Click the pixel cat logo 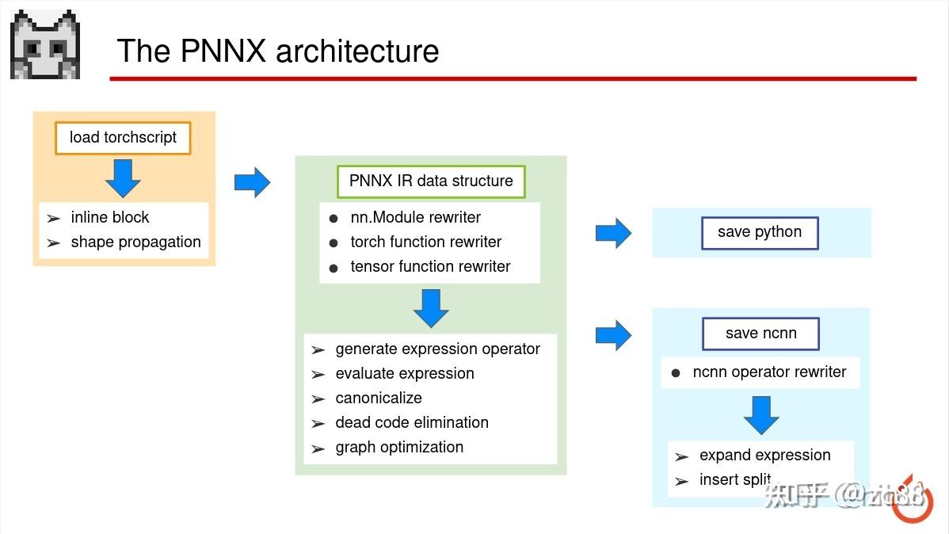point(45,44)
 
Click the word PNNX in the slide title point(223,50)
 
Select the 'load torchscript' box point(123,138)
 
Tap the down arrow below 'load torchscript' point(123,178)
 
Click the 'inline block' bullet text point(109,217)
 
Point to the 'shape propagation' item point(135,242)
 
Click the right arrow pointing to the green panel point(253,182)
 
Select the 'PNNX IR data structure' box point(431,181)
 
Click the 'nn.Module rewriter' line point(415,217)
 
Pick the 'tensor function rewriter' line point(430,266)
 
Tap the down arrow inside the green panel point(431,309)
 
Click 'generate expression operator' point(437,349)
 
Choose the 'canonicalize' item point(379,398)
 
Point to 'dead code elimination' point(412,422)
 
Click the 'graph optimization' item point(399,448)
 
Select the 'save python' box point(760,233)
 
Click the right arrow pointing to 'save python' point(614,233)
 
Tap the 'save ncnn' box point(760,334)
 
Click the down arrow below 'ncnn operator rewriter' point(761,415)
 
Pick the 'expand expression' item point(765,456)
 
